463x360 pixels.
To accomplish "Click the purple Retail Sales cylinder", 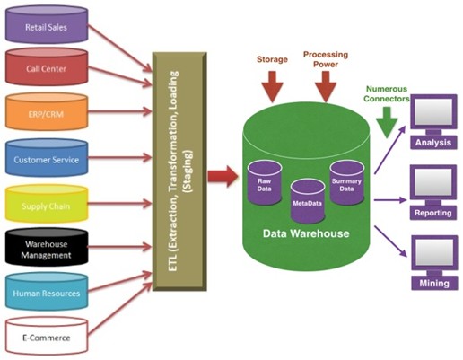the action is (x=47, y=24).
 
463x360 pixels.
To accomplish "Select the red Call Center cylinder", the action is (x=47, y=66).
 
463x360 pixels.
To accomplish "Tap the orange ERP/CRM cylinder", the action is (x=47, y=111).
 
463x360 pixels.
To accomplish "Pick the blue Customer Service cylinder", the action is (x=47, y=157).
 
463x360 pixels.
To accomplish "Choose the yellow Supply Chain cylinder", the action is (x=47, y=204).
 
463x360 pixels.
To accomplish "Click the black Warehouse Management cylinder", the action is (x=47, y=247).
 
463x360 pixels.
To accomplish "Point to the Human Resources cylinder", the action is (x=47, y=291).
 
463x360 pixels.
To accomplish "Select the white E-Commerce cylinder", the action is (x=47, y=336).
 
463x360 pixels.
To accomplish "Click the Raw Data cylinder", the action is (x=265, y=182).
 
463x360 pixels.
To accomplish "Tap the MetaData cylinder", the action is (x=308, y=201).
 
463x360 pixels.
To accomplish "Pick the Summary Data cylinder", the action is (x=346, y=182).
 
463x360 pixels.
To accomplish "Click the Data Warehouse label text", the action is (x=306, y=233).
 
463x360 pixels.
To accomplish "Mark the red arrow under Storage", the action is (x=272, y=87).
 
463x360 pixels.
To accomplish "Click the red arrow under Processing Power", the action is (x=326, y=87).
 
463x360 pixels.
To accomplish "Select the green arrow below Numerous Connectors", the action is (x=387, y=122).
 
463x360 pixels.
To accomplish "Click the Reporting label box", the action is (x=433, y=213).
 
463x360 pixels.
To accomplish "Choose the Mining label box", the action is (x=434, y=283).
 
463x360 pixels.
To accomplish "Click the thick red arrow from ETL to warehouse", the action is (x=223, y=176).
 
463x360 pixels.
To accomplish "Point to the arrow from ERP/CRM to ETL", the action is (x=120, y=111).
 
